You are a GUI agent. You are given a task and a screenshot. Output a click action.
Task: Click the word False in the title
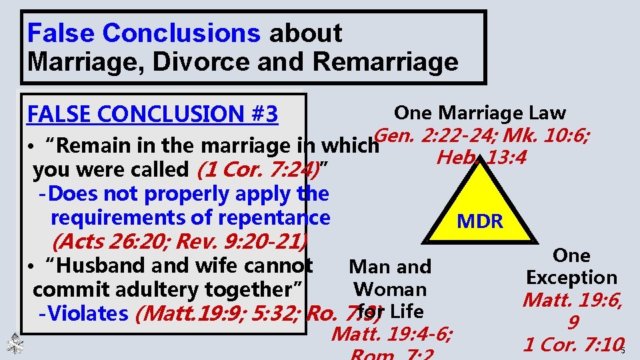pyautogui.click(x=61, y=33)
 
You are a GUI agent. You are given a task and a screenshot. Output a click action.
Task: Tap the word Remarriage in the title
pyautogui.click(x=385, y=62)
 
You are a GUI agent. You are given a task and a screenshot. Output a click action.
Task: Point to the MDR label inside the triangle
pyautogui.click(x=480, y=221)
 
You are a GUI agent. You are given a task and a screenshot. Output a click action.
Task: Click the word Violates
pyautogui.click(x=85, y=313)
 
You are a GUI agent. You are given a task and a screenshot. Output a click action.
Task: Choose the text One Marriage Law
pyautogui.click(x=480, y=113)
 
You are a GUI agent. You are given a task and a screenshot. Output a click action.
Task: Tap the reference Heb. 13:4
pyautogui.click(x=480, y=159)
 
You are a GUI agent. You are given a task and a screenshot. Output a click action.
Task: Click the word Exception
pyautogui.click(x=571, y=277)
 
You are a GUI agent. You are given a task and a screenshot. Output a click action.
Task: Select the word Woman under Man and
pyautogui.click(x=390, y=289)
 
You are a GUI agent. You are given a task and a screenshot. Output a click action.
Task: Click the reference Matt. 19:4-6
pyautogui.click(x=391, y=333)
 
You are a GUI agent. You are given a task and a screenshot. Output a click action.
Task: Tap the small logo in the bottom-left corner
pyautogui.click(x=15, y=344)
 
